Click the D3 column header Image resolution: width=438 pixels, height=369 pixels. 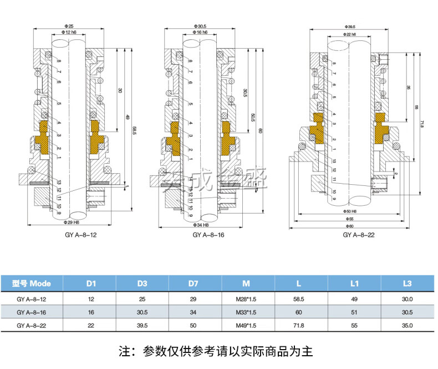pos(141,284)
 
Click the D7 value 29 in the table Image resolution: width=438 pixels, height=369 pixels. pos(193,299)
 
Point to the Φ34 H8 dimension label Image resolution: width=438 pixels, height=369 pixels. pos(200,225)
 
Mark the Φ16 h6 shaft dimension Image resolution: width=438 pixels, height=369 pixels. pos(200,33)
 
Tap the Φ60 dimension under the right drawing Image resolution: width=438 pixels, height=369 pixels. pos(349,226)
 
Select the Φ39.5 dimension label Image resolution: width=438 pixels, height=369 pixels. pos(350,26)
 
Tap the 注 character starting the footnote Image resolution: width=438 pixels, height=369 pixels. pos(125,351)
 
